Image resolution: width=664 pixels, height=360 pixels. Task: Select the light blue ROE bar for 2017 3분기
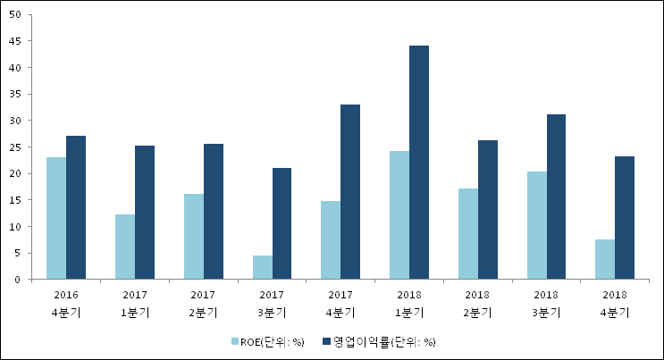tap(262, 268)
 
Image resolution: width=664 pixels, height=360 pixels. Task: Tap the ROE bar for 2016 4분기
tap(55, 219)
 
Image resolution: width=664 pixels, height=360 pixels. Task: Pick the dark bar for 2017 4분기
tap(350, 192)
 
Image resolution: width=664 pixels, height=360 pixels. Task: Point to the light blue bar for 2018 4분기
tap(605, 260)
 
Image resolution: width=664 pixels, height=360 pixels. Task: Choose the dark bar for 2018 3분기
tap(556, 197)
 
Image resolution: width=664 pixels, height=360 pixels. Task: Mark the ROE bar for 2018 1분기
tap(399, 215)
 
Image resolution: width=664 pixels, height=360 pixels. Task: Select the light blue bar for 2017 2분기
tap(193, 237)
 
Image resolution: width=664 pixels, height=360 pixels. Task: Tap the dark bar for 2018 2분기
tap(487, 210)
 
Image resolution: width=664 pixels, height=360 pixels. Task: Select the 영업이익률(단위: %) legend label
tap(384, 341)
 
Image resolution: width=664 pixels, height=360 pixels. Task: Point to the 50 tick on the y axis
tap(16, 14)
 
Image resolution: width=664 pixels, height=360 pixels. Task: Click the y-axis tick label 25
tap(16, 147)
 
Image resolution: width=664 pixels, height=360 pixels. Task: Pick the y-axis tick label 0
tap(19, 280)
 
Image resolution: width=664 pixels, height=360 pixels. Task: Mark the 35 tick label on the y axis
tap(16, 94)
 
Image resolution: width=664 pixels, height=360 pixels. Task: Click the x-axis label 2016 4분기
tap(65, 303)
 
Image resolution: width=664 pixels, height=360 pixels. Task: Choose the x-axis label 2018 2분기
tap(477, 303)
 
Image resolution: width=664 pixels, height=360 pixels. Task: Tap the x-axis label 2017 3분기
tap(272, 303)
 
